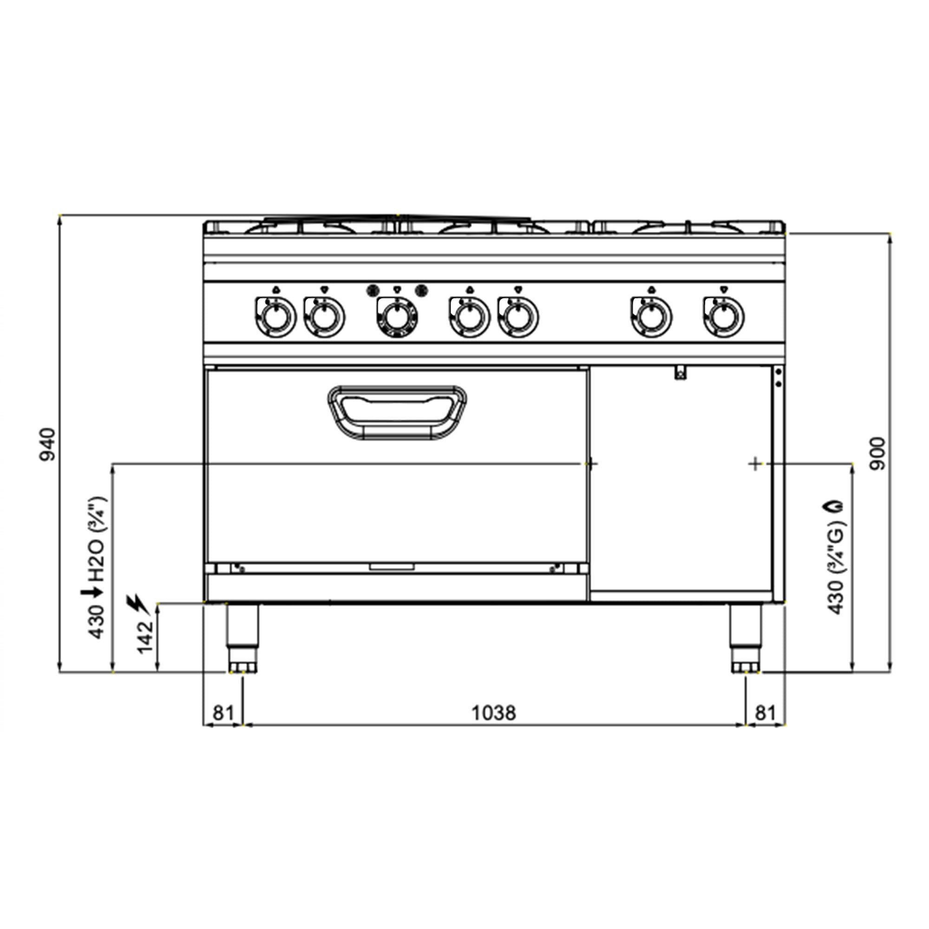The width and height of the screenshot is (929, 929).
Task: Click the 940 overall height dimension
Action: coord(48,445)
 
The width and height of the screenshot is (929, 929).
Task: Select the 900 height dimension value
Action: coord(877,453)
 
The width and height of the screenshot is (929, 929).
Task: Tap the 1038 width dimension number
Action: coord(494,726)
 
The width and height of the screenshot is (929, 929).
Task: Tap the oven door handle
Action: coord(397,412)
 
